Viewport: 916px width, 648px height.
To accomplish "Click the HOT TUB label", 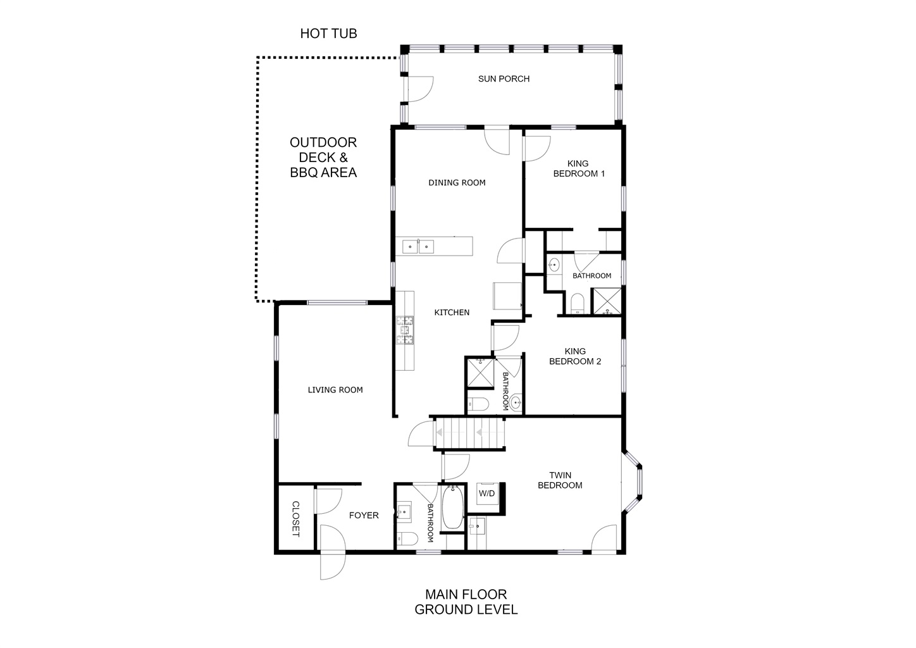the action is (x=328, y=34).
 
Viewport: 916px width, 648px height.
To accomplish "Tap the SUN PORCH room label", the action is (x=504, y=79).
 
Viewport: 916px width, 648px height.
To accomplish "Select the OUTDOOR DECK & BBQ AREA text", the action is (x=323, y=158).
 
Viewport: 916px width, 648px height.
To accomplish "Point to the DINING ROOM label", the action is (x=457, y=183).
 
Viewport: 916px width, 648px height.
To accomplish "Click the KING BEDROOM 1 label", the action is (x=579, y=168).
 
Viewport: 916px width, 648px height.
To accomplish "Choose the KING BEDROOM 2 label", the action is (x=575, y=356).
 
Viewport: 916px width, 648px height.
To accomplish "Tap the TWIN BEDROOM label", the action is (x=560, y=480).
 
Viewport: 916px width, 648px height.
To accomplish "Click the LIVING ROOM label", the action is (x=335, y=390).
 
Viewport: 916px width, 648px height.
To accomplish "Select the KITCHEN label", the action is (x=452, y=313).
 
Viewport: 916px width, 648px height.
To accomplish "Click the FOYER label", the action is (x=364, y=516).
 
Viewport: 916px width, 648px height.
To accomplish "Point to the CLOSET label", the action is (x=295, y=519).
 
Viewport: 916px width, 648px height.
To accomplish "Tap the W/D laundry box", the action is (x=486, y=494).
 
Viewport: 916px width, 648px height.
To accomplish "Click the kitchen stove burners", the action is (x=405, y=330).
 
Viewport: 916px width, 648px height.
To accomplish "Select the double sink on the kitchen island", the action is (x=418, y=247).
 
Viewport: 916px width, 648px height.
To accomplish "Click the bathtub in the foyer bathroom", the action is (x=453, y=508).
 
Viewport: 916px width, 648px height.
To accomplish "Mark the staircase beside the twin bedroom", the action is (x=469, y=433).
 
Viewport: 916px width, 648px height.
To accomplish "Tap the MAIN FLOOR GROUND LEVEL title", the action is (x=466, y=602).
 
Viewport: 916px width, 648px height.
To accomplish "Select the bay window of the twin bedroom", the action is (x=633, y=482).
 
